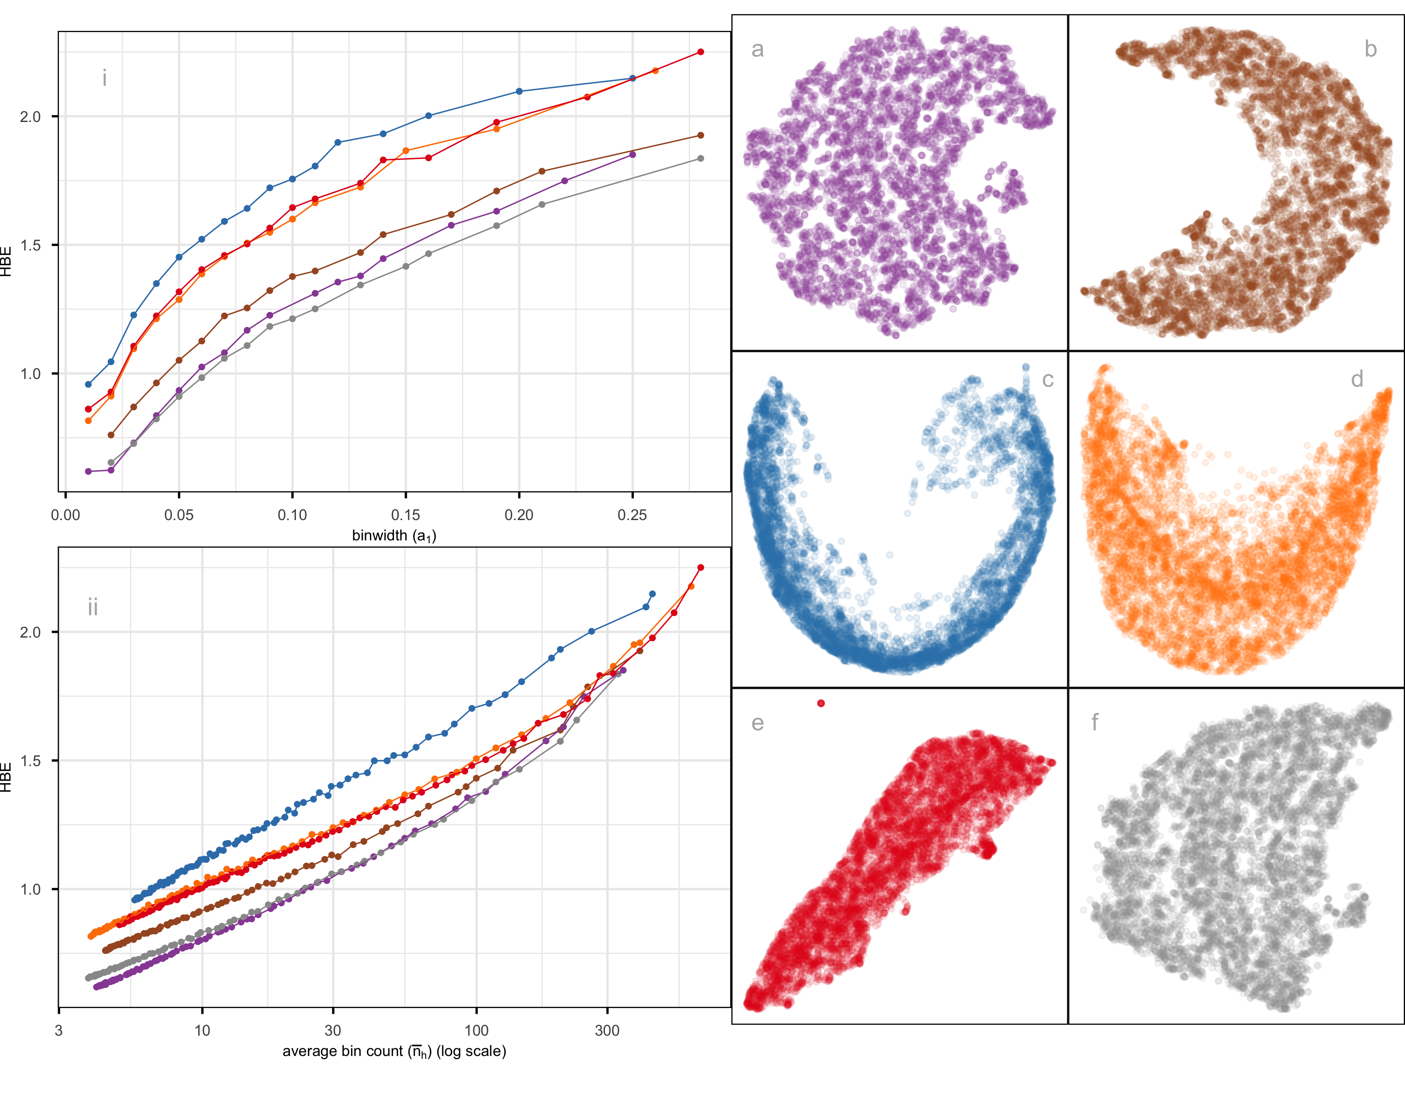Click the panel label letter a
[757, 50]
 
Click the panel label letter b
[1370, 50]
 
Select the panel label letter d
[1357, 379]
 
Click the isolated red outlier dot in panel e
[821, 703]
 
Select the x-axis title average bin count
[394, 1051]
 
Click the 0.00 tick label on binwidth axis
[65, 515]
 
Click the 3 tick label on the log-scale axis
[59, 1031]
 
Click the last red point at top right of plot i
[700, 52]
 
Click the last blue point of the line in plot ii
[652, 594]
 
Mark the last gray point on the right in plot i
[700, 158]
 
